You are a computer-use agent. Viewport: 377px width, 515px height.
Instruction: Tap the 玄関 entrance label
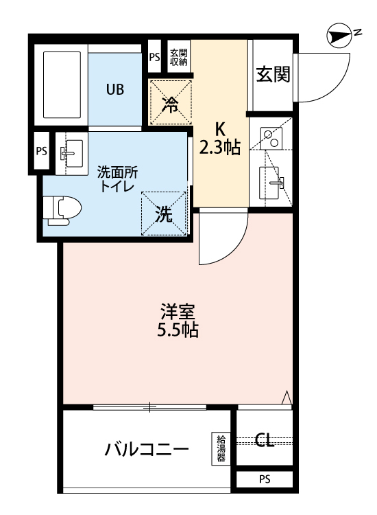point(272,75)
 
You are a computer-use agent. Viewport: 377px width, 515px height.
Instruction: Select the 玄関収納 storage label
point(179,57)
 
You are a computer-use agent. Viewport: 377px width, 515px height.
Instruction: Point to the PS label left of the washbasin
point(41,151)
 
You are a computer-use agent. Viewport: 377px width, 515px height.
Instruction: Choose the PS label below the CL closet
point(265,479)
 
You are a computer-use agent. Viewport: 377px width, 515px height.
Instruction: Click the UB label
point(114,89)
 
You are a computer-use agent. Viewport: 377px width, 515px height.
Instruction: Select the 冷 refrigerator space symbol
point(170,104)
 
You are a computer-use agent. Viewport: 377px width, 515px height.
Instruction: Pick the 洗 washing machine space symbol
point(164,214)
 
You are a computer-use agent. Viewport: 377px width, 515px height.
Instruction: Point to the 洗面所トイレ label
point(117,179)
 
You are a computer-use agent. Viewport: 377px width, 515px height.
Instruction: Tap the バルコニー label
point(147,450)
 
